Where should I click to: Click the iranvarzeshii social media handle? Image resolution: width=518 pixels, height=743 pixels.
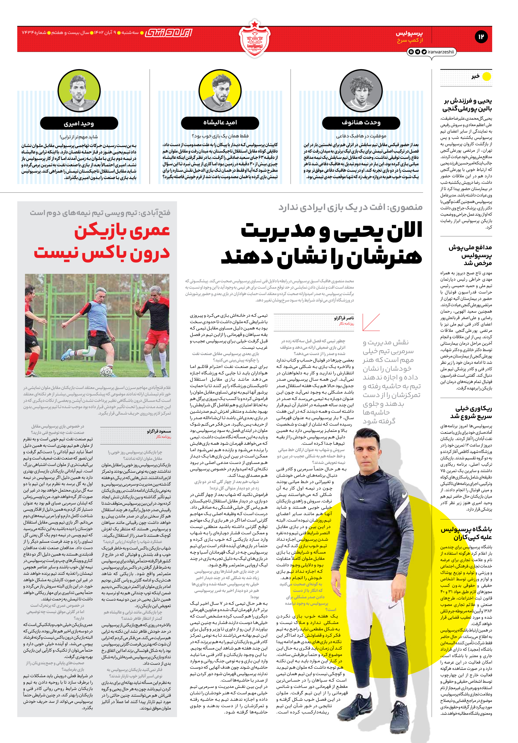[440, 52]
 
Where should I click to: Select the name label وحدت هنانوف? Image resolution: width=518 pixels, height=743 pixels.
[361, 123]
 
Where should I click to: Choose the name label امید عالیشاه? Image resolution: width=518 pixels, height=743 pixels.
[220, 123]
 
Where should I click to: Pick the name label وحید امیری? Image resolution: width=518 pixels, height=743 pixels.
[79, 123]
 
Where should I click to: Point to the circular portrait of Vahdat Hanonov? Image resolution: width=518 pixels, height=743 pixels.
[361, 91]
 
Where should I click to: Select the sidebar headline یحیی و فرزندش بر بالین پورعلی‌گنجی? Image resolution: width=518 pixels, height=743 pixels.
[467, 104]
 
